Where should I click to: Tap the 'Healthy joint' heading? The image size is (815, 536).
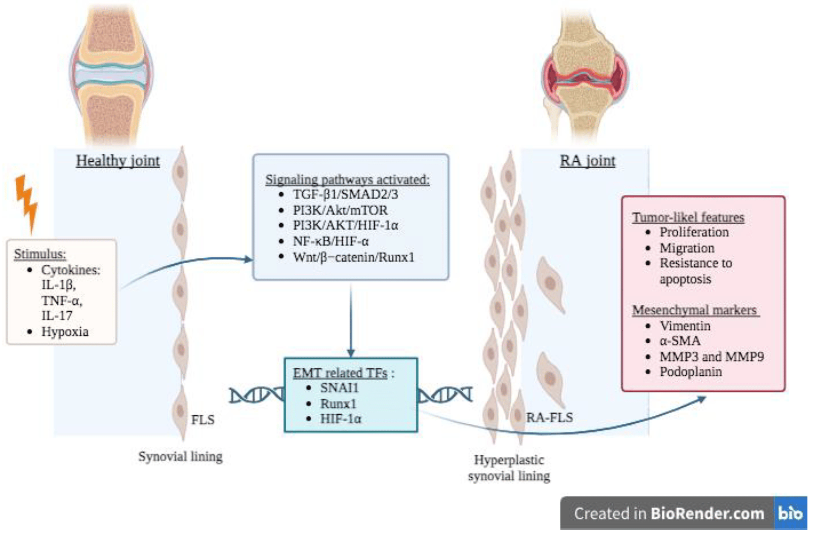click(118, 161)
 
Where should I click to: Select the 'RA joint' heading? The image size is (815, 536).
click(588, 161)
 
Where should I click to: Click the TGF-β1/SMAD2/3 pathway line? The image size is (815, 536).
click(345, 194)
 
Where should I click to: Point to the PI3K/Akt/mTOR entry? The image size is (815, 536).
click(340, 210)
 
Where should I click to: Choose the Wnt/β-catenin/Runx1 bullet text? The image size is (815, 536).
click(353, 257)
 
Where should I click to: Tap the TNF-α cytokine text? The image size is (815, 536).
click(62, 301)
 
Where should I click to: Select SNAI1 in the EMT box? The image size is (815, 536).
click(339, 388)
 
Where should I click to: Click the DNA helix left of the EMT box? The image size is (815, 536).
click(256, 395)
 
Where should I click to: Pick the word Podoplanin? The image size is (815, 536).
click(691, 372)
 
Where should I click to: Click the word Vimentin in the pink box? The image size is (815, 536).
click(685, 326)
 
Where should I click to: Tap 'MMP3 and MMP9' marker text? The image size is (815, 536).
click(712, 357)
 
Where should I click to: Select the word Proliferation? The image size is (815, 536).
click(694, 232)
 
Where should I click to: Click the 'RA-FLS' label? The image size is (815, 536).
click(549, 417)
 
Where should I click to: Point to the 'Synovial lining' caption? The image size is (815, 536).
click(180, 456)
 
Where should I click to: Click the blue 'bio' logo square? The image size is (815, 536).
click(790, 513)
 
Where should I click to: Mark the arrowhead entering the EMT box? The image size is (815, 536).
click(351, 353)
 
